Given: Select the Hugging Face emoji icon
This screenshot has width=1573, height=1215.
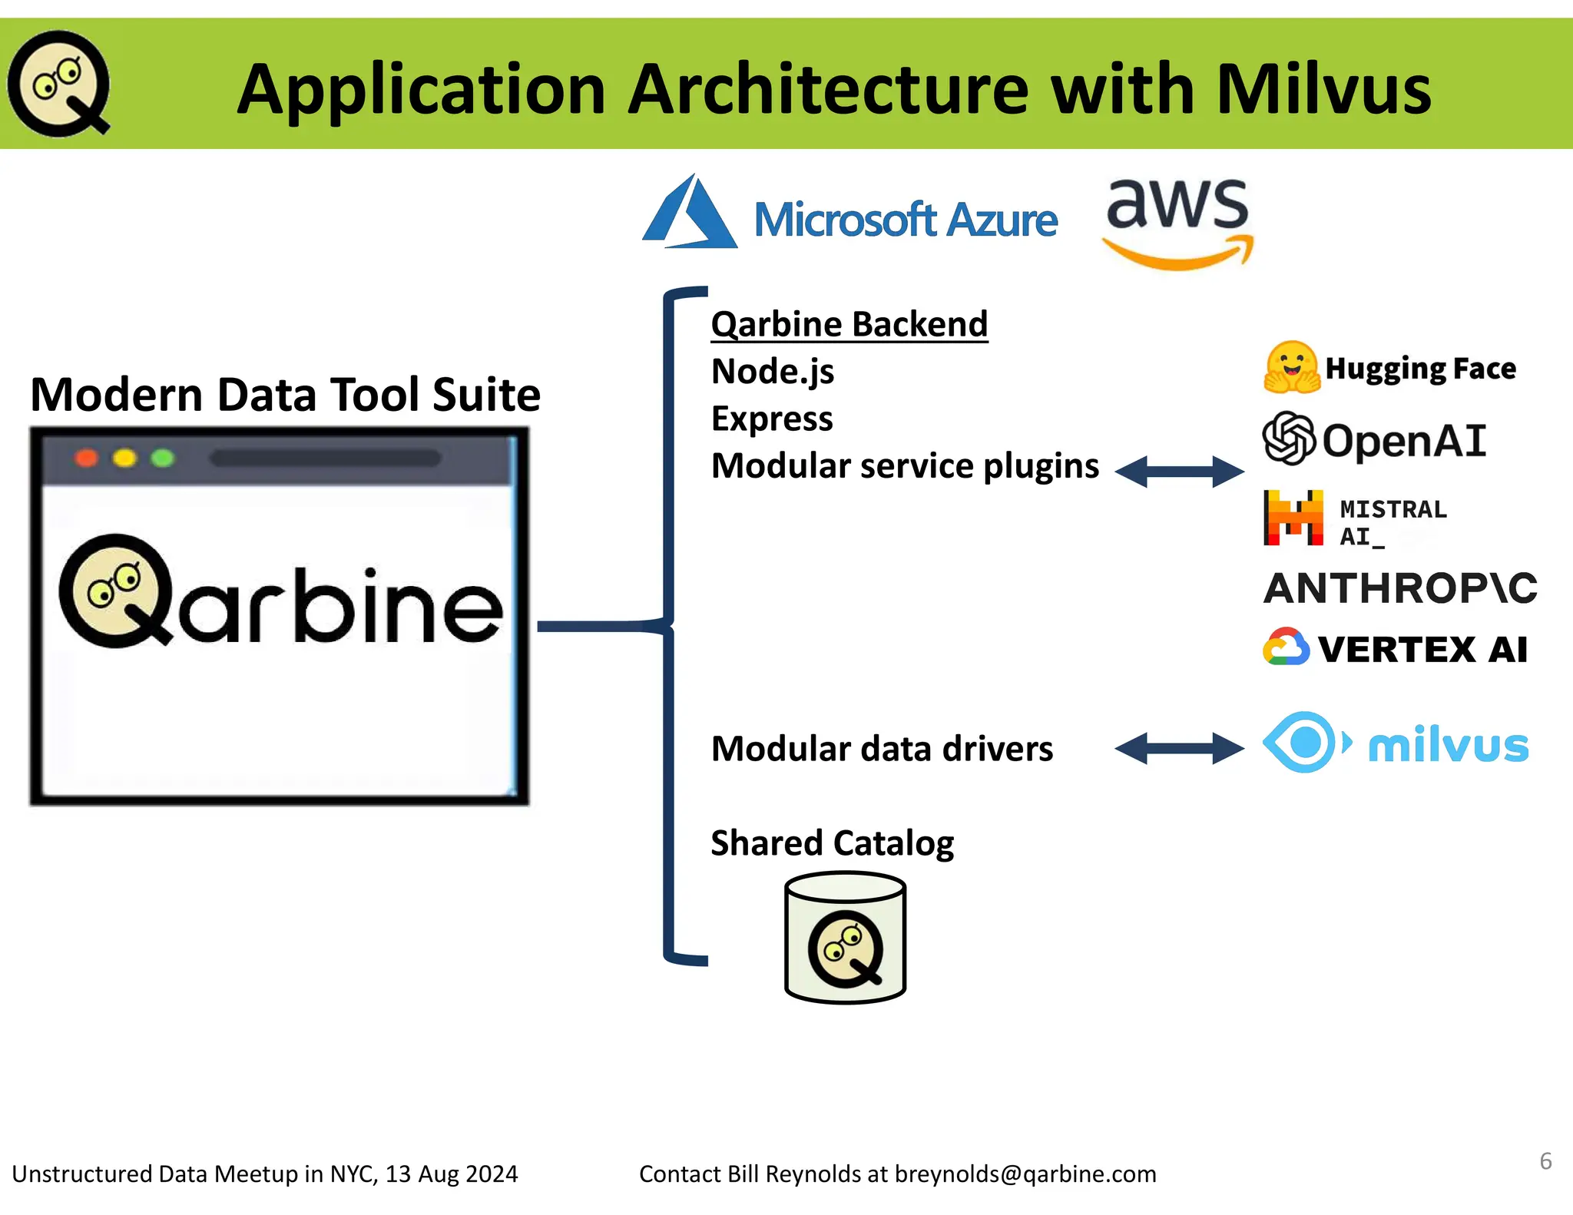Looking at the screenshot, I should point(1291,367).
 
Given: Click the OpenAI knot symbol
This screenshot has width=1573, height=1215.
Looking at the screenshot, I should point(1288,438).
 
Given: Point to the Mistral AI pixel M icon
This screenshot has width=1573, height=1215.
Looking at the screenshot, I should point(1293,518).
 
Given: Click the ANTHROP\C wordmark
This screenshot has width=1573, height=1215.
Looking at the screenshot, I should point(1399,588).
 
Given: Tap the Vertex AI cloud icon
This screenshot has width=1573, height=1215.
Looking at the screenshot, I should point(1286,647).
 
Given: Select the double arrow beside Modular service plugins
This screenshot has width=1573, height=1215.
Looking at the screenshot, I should point(1179,472).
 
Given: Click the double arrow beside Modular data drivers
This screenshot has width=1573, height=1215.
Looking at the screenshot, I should point(1179,748).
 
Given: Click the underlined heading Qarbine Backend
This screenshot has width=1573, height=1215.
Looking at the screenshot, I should point(849,324).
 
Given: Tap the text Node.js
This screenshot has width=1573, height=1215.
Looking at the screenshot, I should point(772,372).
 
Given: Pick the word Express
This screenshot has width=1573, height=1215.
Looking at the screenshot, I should point(771,419).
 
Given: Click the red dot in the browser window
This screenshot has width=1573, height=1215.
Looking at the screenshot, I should point(86,459).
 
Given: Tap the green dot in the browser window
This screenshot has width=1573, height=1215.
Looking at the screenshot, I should point(162,459).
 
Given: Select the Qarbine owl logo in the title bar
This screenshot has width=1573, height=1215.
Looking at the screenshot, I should point(59,84).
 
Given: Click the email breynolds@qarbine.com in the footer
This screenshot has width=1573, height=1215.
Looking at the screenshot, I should point(1025,1174).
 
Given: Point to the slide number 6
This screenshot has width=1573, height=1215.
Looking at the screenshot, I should point(1545,1160).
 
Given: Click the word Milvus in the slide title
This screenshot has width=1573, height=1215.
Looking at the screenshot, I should point(1323,90).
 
